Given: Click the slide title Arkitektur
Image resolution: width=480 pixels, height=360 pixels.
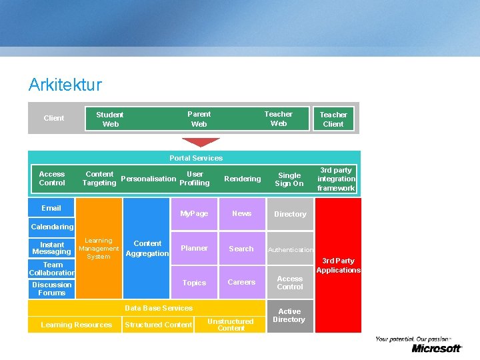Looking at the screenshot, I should tap(65, 85).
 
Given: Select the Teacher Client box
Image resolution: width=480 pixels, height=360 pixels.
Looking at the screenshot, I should tap(333, 119).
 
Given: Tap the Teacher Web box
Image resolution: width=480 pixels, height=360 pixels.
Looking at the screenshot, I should tap(278, 119).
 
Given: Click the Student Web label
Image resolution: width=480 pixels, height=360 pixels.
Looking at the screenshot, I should tap(110, 119).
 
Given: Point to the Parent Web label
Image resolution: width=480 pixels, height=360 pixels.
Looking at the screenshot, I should tap(199, 119).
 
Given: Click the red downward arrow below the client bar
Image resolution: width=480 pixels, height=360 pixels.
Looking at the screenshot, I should tap(201, 142).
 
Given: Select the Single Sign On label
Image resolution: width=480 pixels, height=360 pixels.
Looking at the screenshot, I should tap(289, 179).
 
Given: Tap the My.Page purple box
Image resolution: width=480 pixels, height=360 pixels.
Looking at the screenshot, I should tap(194, 214).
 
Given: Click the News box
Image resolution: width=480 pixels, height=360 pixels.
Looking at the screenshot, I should tap(241, 214).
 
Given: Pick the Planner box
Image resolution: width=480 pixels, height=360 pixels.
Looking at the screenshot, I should tap(194, 249).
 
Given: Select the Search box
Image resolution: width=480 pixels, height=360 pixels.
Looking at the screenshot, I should tap(241, 249).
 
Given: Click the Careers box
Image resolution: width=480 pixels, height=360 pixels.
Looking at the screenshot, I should tap(241, 283).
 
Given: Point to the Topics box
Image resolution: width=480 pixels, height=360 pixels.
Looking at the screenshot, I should tap(194, 283).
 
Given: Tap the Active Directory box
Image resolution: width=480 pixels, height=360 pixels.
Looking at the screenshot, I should tap(289, 316).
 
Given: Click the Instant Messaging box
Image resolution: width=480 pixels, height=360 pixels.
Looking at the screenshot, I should tap(52, 248).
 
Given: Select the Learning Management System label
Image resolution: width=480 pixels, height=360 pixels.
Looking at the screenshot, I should tap(99, 248).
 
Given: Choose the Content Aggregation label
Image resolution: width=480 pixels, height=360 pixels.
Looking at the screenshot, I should tap(147, 248).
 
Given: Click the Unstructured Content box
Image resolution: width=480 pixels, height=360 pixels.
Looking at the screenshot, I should tap(231, 325).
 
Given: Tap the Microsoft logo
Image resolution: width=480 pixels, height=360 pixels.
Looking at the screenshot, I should tap(436, 348).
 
